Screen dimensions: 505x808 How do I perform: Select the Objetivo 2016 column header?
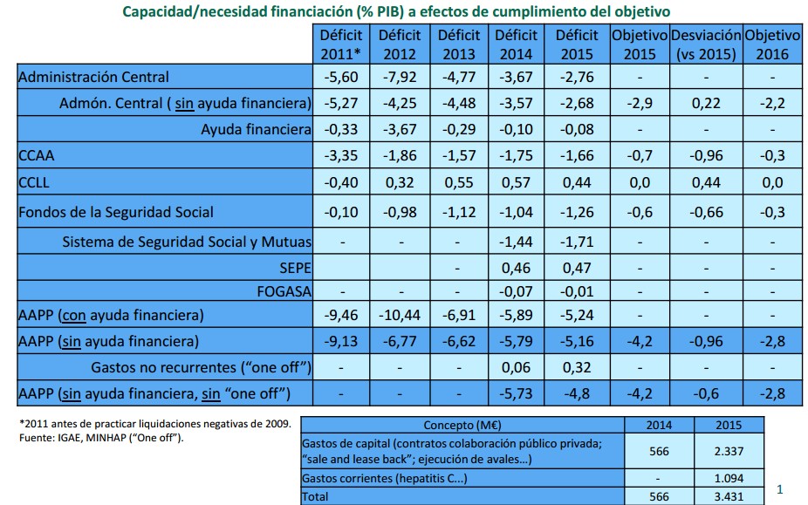click(x=772, y=44)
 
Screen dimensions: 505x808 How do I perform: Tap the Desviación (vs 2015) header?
click(x=705, y=44)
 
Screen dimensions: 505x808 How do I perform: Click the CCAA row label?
click(x=35, y=156)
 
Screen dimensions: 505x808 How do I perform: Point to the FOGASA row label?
click(x=285, y=290)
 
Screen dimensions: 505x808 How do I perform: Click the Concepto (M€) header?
click(x=462, y=425)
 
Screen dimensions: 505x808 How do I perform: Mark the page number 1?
click(x=780, y=490)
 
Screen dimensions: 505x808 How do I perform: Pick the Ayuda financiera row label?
click(x=256, y=129)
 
